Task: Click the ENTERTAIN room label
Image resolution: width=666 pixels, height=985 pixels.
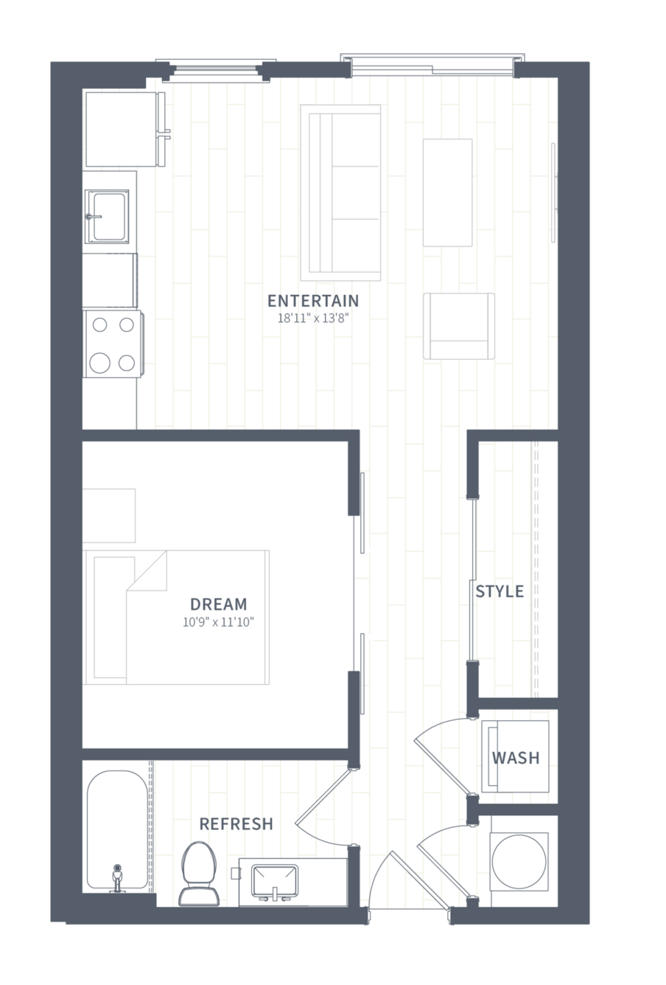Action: pyautogui.click(x=313, y=301)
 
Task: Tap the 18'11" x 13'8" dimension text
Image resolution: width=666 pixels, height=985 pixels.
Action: pyautogui.click(x=313, y=319)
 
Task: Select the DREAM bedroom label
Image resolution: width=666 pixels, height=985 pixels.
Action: pyautogui.click(x=218, y=604)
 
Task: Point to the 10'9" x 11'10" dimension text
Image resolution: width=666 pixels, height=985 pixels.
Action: pyautogui.click(x=218, y=622)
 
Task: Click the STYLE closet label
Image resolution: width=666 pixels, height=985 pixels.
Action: pyautogui.click(x=499, y=591)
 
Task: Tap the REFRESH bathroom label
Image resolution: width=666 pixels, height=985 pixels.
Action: pyautogui.click(x=236, y=824)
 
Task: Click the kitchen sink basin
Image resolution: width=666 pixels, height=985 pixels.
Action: pyautogui.click(x=107, y=216)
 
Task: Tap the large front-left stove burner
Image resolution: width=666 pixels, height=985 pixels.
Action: pyautogui.click(x=99, y=363)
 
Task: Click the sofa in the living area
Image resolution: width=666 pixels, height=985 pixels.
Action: pyautogui.click(x=340, y=192)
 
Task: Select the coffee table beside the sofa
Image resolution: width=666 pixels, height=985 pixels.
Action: pyautogui.click(x=447, y=192)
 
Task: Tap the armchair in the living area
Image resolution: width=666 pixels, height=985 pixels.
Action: pyautogui.click(x=459, y=326)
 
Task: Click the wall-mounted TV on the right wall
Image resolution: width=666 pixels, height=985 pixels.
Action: pyautogui.click(x=554, y=192)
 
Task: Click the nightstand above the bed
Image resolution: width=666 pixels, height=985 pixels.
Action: pyautogui.click(x=109, y=515)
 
